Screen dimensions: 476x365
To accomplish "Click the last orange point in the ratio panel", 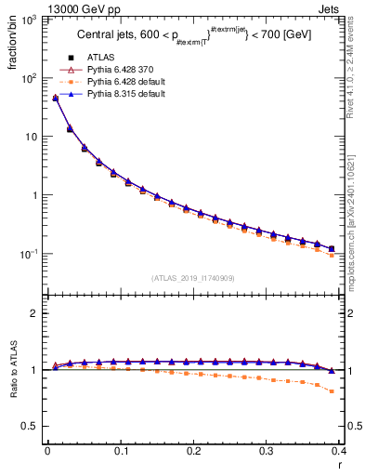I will coord(332,390).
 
